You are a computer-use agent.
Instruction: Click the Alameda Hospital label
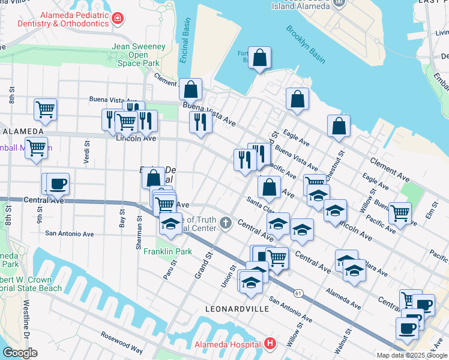point(227,344)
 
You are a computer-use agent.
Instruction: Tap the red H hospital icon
point(270,344)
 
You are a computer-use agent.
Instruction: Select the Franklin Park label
point(167,251)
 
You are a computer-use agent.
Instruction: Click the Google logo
point(20,353)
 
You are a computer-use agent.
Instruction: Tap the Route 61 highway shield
point(298,293)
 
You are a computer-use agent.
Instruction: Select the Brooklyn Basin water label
point(305,44)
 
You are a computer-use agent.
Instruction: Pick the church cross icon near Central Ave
point(226,224)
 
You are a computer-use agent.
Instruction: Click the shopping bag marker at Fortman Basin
point(260,59)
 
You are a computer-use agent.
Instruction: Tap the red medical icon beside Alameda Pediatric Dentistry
point(118,18)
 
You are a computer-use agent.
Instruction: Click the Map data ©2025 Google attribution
point(411,355)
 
